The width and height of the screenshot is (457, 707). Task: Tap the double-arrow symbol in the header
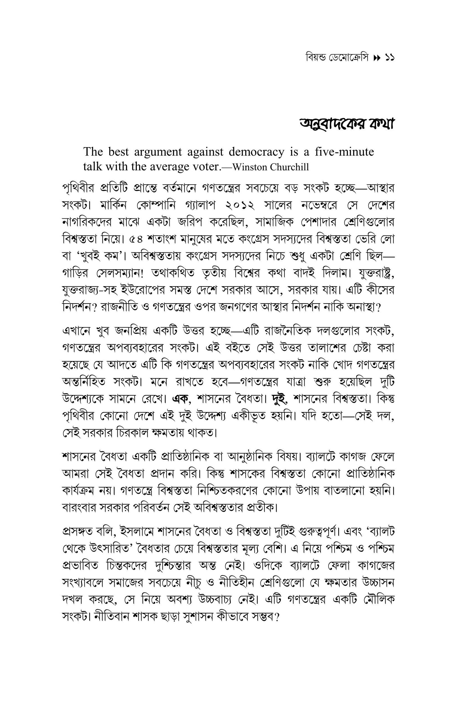click(376, 58)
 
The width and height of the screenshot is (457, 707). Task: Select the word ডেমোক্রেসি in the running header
click(348, 57)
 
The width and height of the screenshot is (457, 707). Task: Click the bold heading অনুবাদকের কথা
click(347, 124)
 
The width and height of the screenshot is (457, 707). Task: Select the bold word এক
click(181, 399)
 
